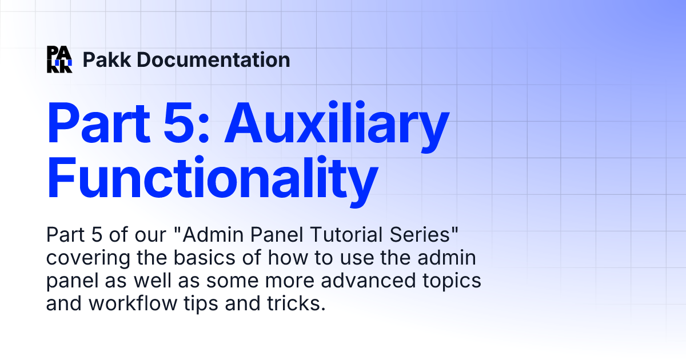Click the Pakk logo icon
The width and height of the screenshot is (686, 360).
59,59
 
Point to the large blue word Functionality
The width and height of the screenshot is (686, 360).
212,174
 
